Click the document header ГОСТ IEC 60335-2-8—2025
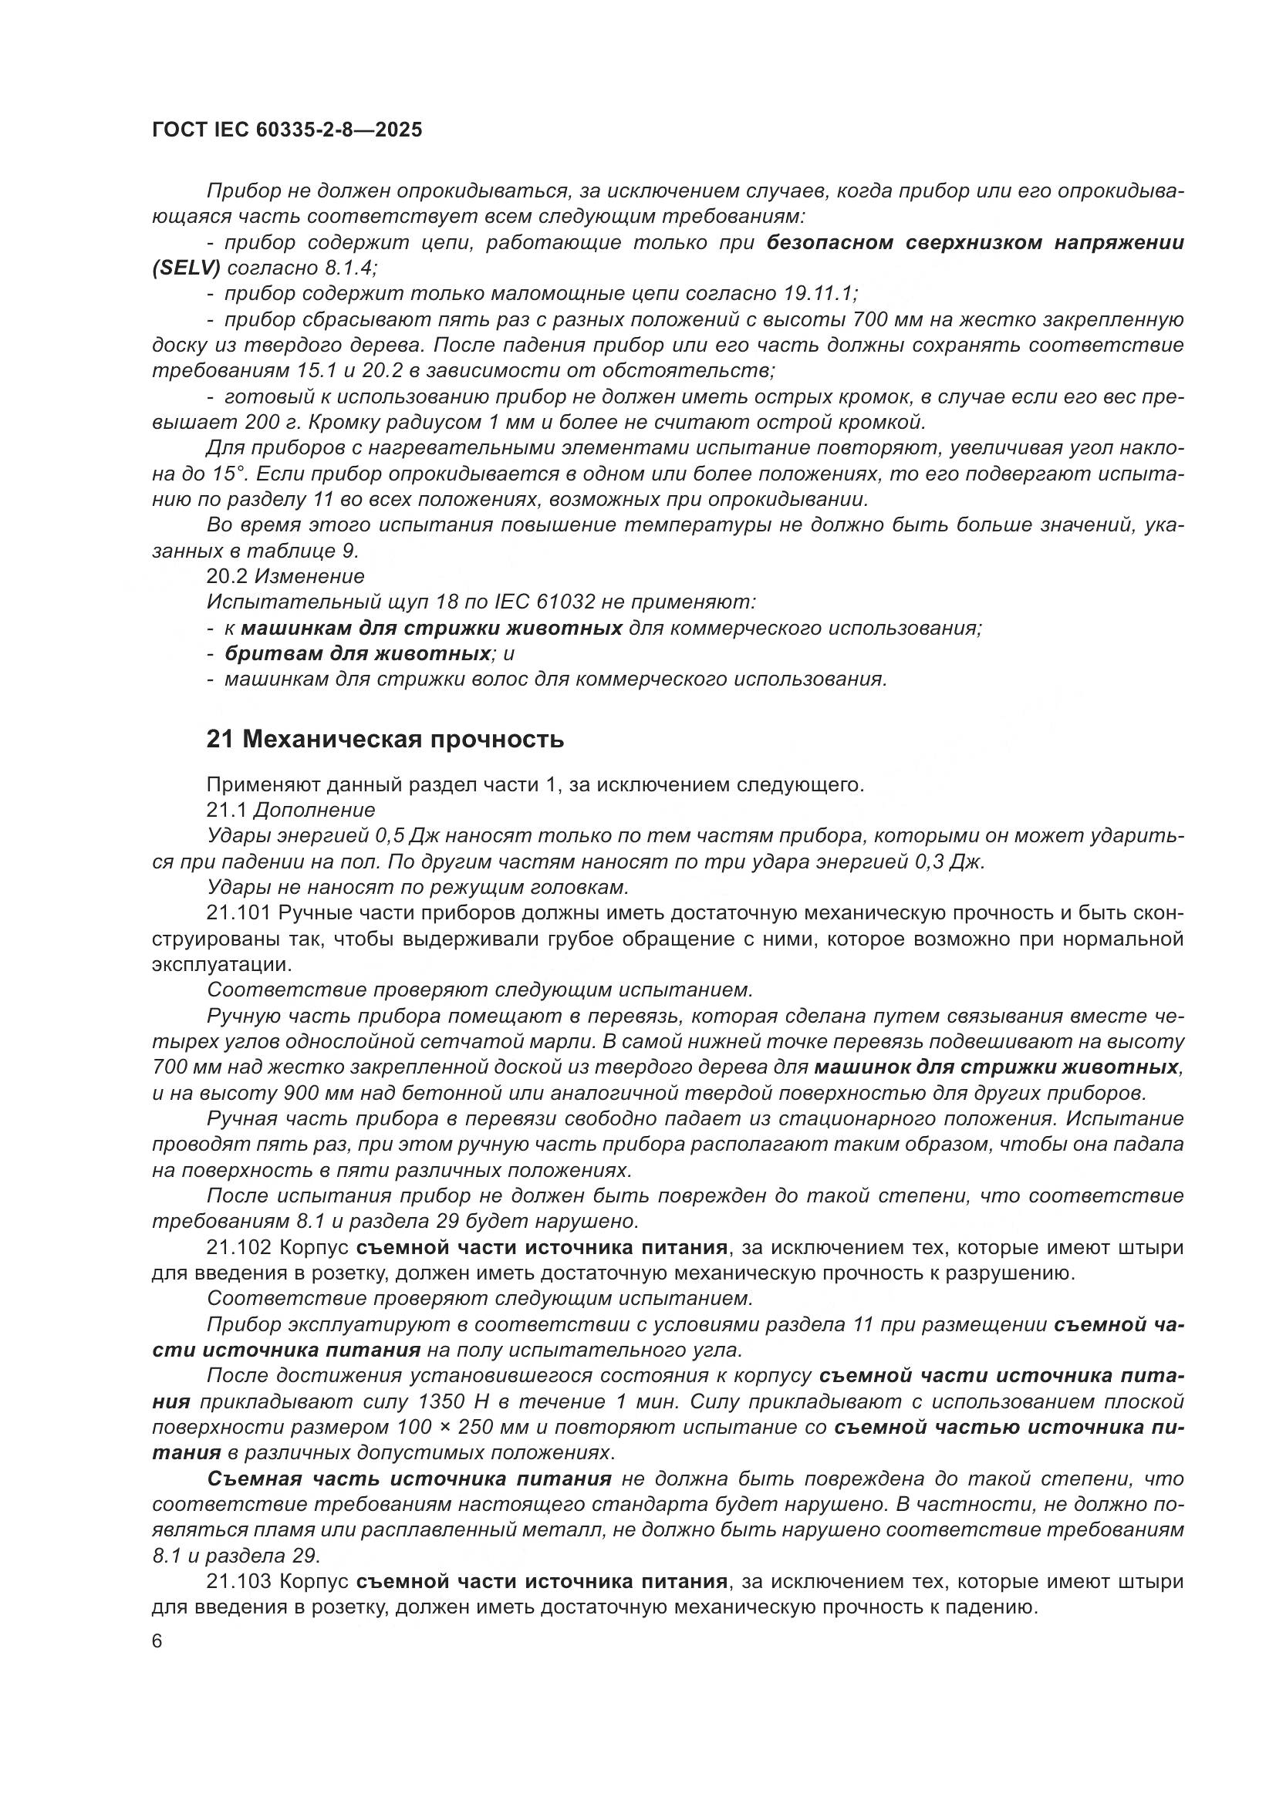pos(287,130)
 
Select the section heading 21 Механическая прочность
pos(385,740)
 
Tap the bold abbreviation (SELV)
pos(186,268)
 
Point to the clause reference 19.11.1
pos(819,294)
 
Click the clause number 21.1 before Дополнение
pos(225,810)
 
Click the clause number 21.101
pos(239,913)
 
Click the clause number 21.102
pos(239,1247)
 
